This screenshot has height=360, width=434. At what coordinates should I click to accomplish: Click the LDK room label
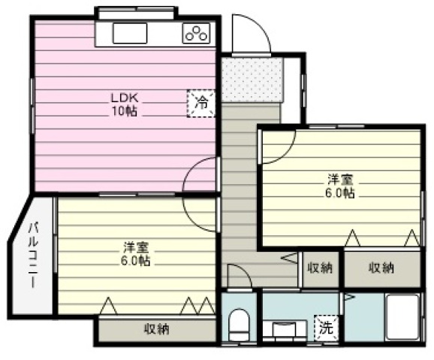click(x=125, y=98)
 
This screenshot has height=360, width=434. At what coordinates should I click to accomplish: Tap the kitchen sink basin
click(x=130, y=33)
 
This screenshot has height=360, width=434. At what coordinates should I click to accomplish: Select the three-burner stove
click(x=196, y=33)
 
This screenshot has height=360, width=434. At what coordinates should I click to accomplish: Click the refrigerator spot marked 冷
click(x=201, y=103)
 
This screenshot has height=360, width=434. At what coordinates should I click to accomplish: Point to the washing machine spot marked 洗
click(x=327, y=328)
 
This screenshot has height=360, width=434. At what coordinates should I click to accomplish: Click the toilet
click(x=239, y=324)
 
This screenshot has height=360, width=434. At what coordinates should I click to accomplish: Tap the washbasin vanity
click(x=285, y=331)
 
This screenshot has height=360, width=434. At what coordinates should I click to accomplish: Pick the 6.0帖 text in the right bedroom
click(x=340, y=193)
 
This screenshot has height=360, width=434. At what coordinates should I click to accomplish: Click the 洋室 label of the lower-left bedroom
click(x=136, y=247)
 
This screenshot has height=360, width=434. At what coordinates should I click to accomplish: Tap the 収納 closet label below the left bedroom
click(x=157, y=329)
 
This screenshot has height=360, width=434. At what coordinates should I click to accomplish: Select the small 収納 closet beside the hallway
click(x=320, y=268)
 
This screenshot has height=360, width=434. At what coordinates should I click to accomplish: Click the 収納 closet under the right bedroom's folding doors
click(x=382, y=268)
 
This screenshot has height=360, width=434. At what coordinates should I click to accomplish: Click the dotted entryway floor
click(x=252, y=80)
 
